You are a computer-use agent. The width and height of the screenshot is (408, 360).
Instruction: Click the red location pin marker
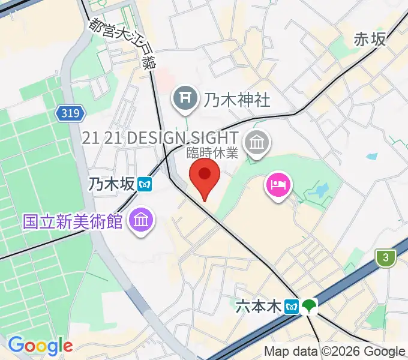click(205, 175)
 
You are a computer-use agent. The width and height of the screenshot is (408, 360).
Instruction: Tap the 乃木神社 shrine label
click(237, 100)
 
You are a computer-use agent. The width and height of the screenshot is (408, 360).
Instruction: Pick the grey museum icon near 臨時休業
click(259, 143)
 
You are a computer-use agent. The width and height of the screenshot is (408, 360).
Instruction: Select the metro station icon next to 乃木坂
click(144, 185)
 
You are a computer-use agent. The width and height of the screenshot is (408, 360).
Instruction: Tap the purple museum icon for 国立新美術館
click(141, 220)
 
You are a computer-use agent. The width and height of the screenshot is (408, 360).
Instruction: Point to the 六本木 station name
click(259, 307)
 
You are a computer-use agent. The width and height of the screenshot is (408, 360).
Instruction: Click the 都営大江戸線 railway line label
click(120, 43)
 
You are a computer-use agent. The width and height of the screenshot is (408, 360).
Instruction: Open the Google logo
click(40, 346)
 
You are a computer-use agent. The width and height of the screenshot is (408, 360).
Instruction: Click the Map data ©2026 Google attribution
click(335, 351)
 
